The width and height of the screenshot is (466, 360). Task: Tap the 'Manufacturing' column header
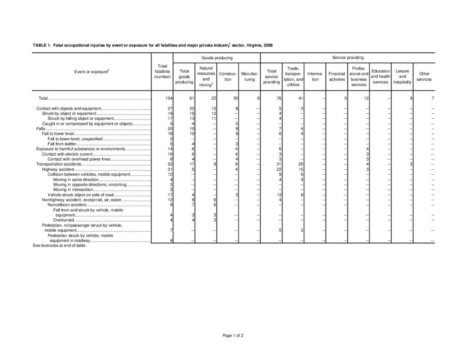point(249,76)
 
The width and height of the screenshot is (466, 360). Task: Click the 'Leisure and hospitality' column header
point(402,76)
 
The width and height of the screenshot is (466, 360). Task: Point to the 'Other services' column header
point(424,76)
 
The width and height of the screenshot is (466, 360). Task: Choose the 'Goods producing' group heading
point(217,58)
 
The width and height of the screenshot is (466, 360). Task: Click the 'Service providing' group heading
point(348,58)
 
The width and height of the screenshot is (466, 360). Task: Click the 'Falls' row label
point(41,129)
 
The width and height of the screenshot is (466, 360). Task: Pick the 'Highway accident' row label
point(55,169)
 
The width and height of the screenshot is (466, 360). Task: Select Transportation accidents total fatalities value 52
point(169,164)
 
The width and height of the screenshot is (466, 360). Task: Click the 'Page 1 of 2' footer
point(233,335)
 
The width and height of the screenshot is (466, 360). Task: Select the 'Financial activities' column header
point(337,76)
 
